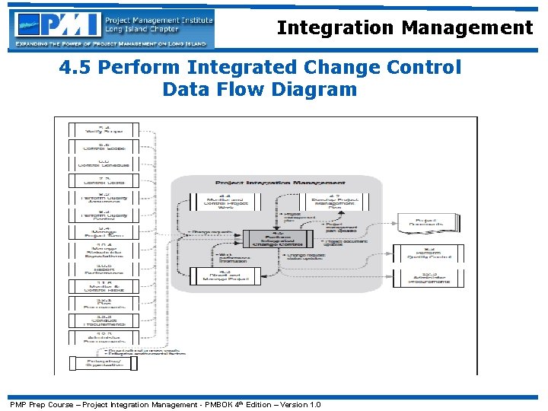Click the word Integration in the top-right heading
coord(336,28)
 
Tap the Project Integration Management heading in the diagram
coord(280,183)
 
